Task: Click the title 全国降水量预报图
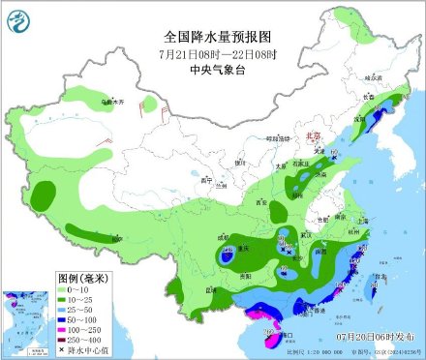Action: tap(215, 36)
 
